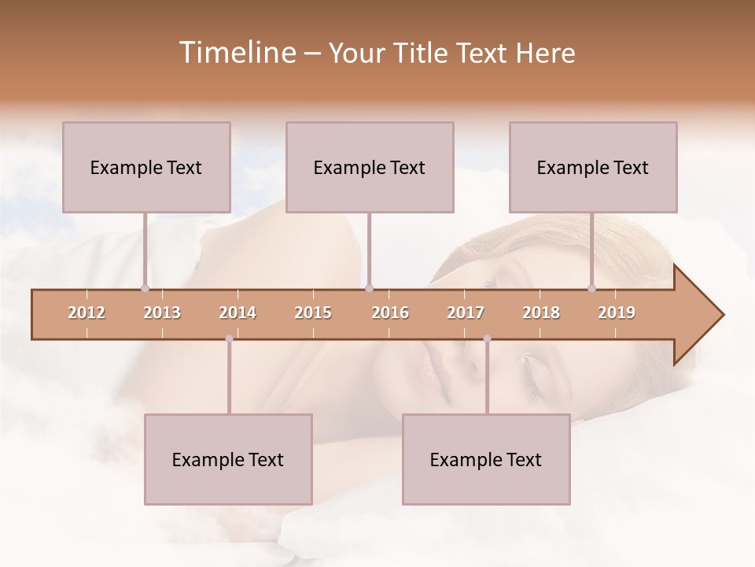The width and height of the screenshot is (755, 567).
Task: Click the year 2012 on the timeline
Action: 87,313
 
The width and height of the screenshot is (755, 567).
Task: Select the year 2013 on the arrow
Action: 162,313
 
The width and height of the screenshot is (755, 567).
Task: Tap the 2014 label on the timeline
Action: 238,313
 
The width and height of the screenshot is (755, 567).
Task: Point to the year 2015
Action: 313,313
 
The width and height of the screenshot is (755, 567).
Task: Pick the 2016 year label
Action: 390,313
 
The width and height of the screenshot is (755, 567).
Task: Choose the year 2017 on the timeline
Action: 466,313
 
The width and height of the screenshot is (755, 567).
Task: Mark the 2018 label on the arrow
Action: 541,313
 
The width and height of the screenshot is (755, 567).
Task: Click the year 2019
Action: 617,313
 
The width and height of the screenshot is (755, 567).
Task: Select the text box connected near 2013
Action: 146,167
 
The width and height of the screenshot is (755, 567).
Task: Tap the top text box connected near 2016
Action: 370,167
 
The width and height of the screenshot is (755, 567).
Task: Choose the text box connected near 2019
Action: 593,167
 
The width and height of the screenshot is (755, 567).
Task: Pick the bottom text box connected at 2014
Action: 228,459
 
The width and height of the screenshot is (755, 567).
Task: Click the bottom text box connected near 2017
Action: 486,459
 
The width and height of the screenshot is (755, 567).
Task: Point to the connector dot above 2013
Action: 145,289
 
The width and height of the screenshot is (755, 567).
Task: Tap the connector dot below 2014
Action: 229,339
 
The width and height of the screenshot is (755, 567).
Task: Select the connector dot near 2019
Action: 592,289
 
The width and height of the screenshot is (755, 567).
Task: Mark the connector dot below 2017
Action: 487,339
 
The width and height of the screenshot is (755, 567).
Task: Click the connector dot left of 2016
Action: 370,289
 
